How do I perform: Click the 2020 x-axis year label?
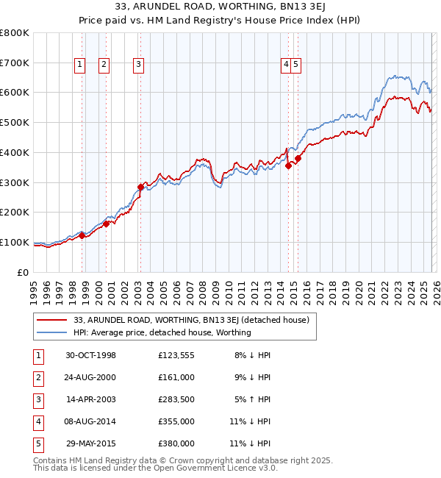358,288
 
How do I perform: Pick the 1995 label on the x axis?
34,288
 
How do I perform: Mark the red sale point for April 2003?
140,187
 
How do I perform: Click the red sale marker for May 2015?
298,158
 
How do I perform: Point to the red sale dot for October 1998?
82,235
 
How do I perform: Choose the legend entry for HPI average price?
162,332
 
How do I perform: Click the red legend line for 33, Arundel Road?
51,320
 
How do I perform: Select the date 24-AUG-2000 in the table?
90,377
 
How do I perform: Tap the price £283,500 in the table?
176,399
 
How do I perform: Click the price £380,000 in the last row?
176,443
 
